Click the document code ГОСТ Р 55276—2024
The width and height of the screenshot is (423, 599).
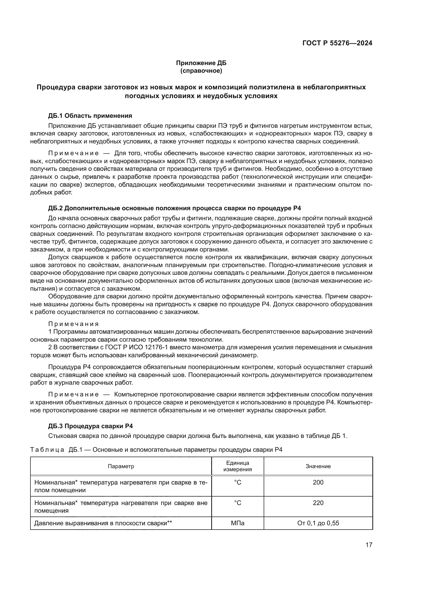pos(337,43)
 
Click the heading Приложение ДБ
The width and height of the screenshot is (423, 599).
pos(201,63)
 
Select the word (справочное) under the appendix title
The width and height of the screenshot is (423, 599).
pos(201,71)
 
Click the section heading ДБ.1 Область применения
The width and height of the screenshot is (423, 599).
pos(90,115)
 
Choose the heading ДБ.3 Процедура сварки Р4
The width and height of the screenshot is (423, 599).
pos(90,426)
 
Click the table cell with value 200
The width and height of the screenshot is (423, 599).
pos(318,482)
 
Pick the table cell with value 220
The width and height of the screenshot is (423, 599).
pos(318,503)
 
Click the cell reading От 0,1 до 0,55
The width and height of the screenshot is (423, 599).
pos(318,523)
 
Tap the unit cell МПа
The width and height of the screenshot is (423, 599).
pos(238,523)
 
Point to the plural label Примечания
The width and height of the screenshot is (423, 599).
pos(73,324)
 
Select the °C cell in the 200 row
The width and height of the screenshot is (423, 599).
pos(238,482)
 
